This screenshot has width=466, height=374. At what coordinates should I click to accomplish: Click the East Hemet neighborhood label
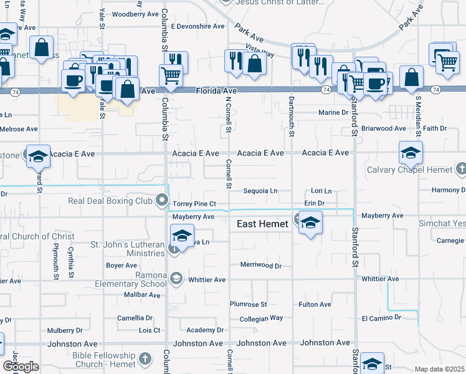click(x=262, y=224)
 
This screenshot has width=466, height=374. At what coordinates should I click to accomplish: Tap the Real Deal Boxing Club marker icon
click(x=163, y=201)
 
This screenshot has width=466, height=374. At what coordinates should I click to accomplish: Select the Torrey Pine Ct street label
click(x=194, y=204)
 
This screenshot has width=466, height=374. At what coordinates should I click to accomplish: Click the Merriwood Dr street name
click(x=261, y=266)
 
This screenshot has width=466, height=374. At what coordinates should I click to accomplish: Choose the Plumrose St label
click(x=248, y=304)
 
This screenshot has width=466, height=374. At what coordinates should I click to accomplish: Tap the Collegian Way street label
click(x=261, y=319)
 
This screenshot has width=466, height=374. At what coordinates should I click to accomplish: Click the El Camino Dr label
click(x=381, y=318)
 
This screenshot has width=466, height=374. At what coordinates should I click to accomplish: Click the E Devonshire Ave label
click(x=197, y=27)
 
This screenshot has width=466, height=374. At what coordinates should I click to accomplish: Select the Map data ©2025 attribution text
click(x=439, y=369)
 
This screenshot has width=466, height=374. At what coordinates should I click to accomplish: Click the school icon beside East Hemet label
click(x=310, y=224)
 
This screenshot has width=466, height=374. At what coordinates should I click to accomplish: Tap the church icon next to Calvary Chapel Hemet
click(x=460, y=169)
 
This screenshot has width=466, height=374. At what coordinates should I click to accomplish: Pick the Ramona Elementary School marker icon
click(x=177, y=279)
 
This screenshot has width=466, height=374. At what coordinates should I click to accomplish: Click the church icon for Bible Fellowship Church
click(x=145, y=358)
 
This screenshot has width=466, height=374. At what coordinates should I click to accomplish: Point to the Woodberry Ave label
click(x=136, y=14)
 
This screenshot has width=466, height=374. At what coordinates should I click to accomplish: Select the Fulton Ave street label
click(x=315, y=304)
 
